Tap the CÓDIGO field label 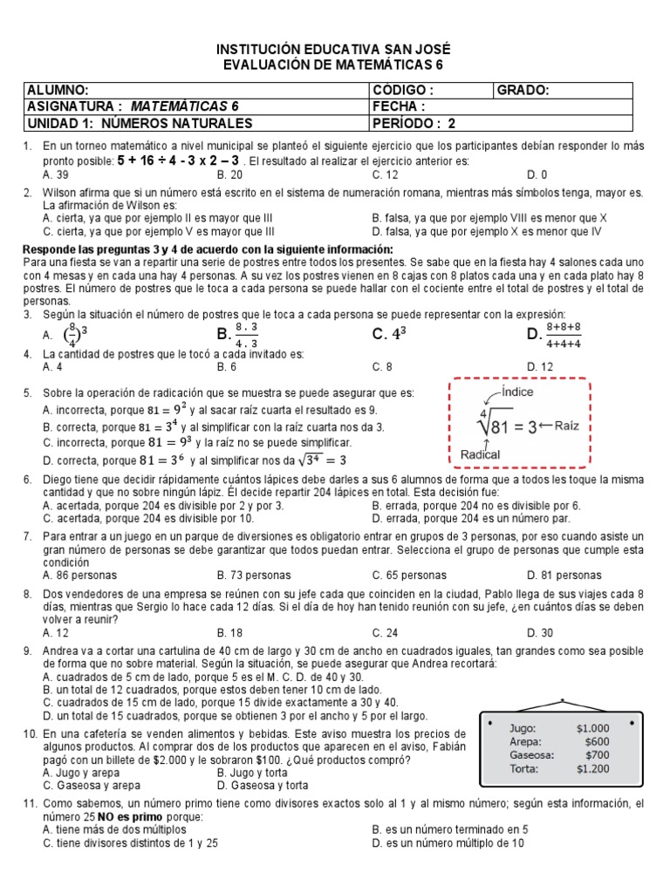(x=402, y=91)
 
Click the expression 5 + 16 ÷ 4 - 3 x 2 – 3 (x=179, y=161)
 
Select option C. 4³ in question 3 (x=389, y=334)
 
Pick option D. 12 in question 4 (x=541, y=367)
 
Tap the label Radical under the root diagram (x=480, y=454)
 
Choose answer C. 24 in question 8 (x=385, y=633)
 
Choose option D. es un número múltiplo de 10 (x=448, y=843)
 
